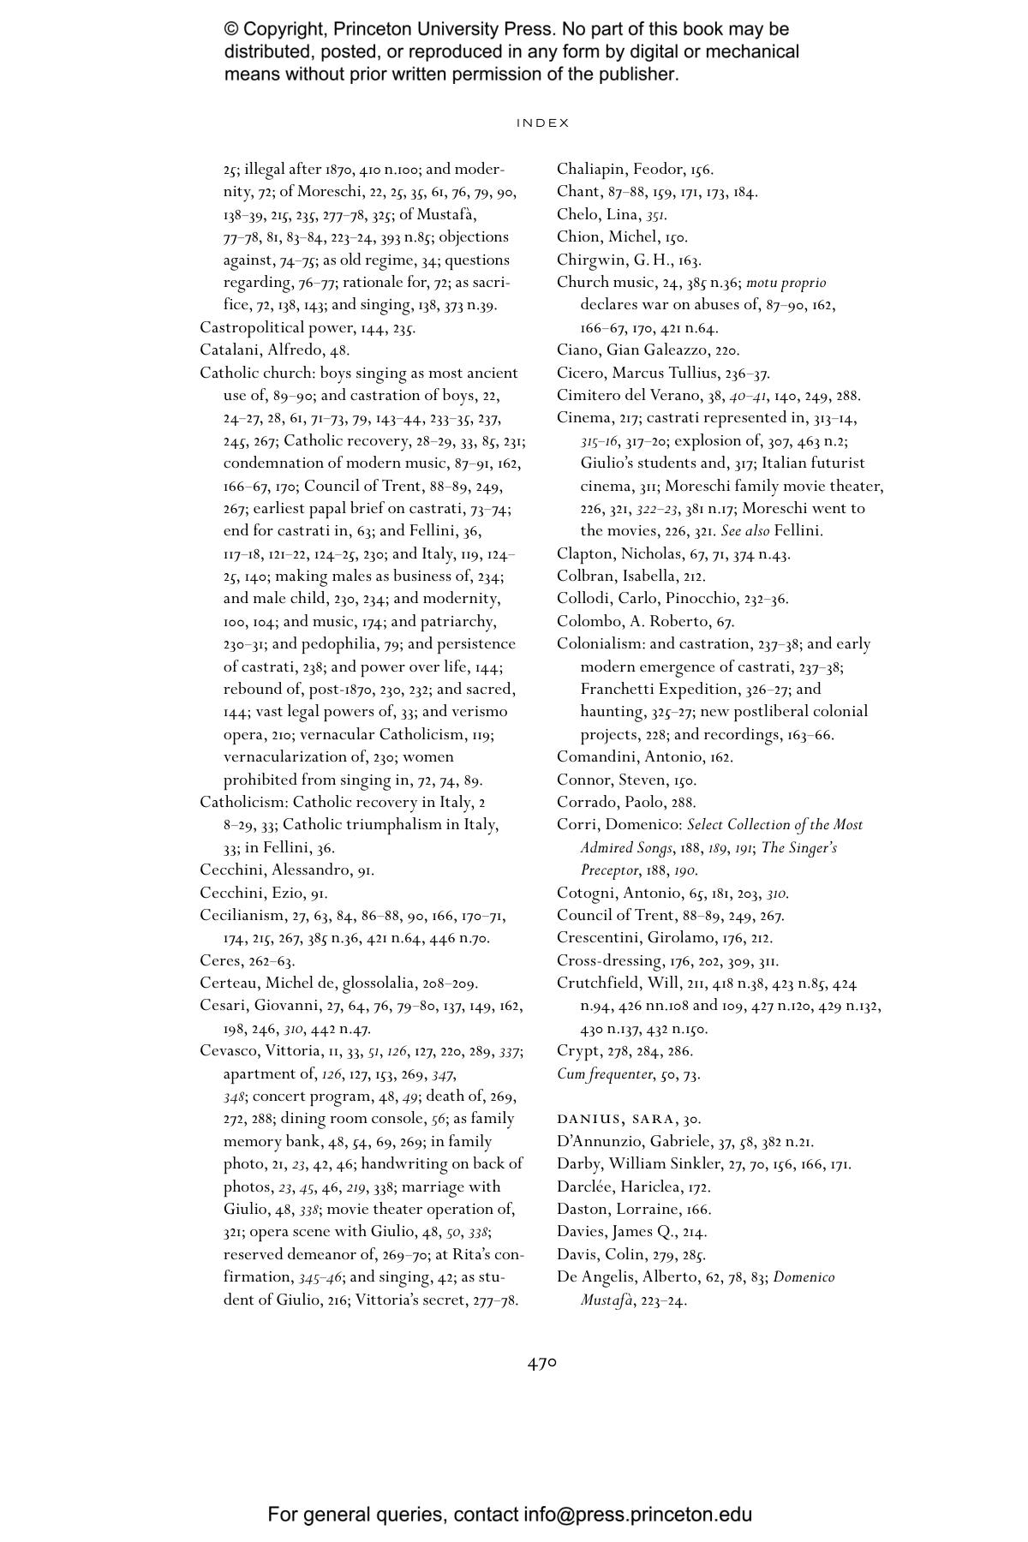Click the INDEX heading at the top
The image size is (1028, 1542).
tap(542, 123)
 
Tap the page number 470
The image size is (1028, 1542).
tap(542, 1362)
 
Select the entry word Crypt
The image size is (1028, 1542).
tap(577, 1050)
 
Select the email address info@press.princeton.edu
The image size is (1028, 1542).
tap(637, 1515)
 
